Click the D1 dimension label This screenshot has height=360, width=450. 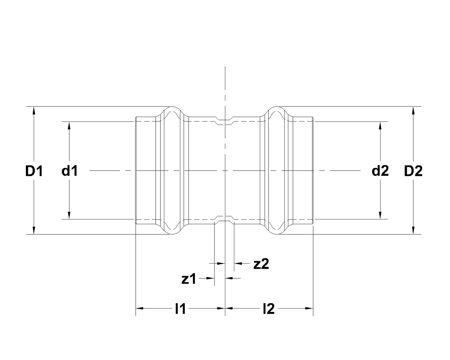(x=34, y=171)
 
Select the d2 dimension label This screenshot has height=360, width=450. (x=380, y=171)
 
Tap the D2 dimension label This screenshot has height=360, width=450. (x=413, y=171)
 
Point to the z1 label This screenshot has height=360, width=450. (x=189, y=279)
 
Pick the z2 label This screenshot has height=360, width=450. (x=261, y=264)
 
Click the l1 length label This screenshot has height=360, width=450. (x=180, y=309)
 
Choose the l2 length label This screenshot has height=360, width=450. (x=269, y=309)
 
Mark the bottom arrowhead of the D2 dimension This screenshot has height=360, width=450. (x=413, y=231)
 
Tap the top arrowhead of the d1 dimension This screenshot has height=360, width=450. (x=69, y=125)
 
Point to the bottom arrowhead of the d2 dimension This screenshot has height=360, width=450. (x=381, y=215)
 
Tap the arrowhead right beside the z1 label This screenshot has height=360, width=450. (x=210, y=278)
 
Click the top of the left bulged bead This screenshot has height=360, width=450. (x=172, y=107)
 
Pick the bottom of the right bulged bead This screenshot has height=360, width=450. (x=278, y=234)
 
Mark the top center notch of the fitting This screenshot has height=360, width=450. (x=225, y=120)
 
